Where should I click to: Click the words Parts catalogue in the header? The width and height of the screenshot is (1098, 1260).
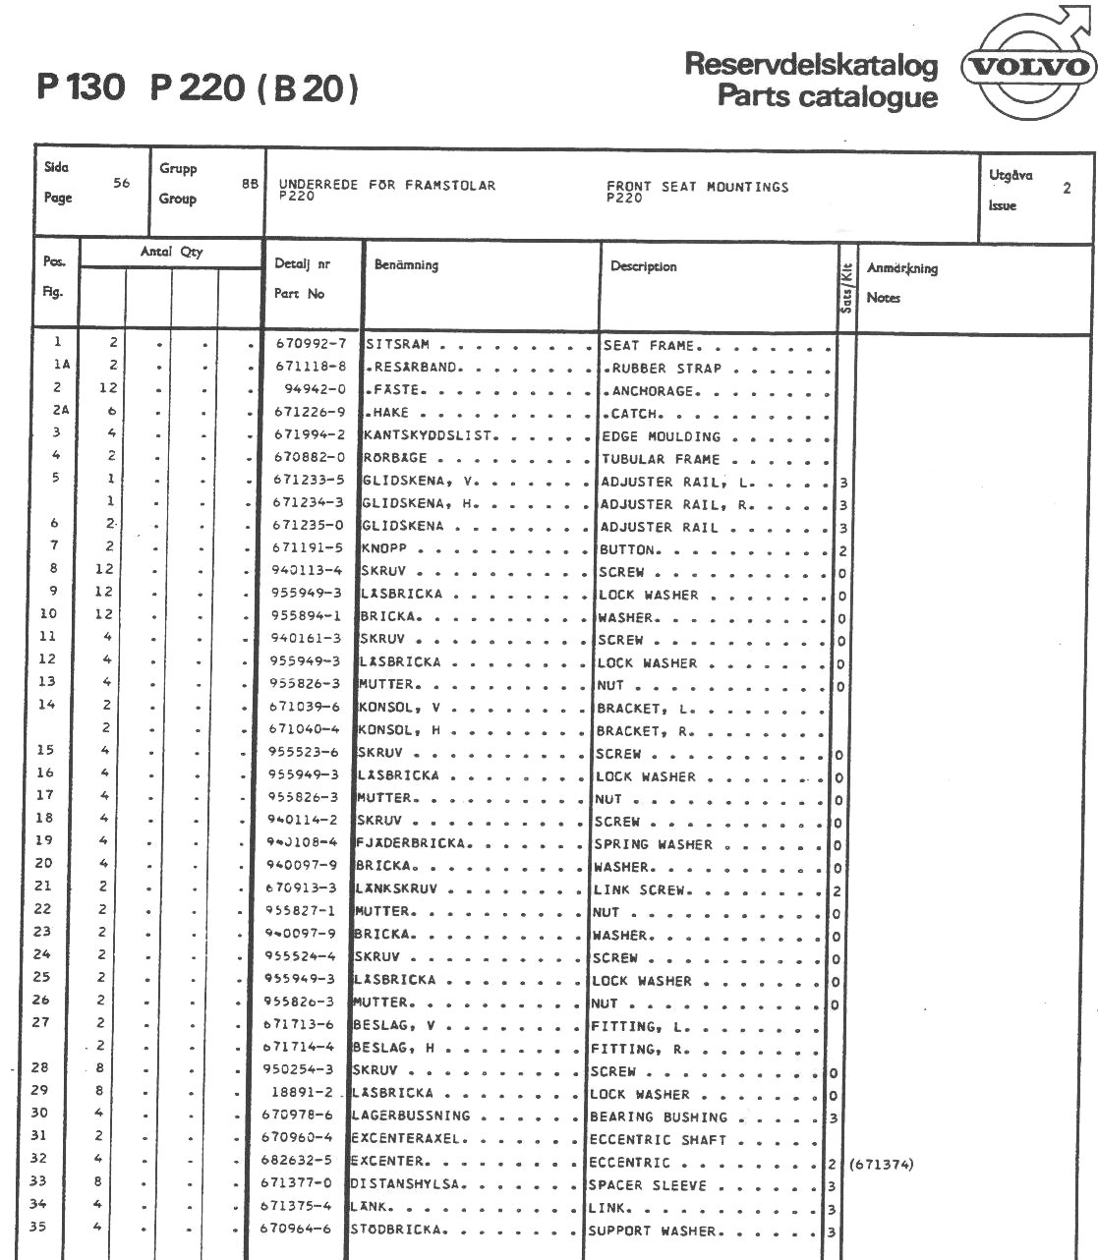(828, 96)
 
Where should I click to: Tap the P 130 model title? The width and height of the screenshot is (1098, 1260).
(82, 88)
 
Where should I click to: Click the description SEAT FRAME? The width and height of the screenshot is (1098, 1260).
(649, 346)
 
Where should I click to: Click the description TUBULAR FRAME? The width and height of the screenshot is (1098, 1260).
(661, 459)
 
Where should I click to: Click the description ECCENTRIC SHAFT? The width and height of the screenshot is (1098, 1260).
(657, 1140)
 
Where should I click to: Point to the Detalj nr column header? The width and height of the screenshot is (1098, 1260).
(302, 264)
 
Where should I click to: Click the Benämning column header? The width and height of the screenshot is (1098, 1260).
(406, 264)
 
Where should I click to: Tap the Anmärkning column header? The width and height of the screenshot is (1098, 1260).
(901, 268)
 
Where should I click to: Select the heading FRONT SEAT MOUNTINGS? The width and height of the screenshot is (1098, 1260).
(697, 187)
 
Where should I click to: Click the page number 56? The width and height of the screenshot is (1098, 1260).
(122, 183)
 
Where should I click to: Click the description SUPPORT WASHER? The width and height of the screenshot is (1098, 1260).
(653, 1231)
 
